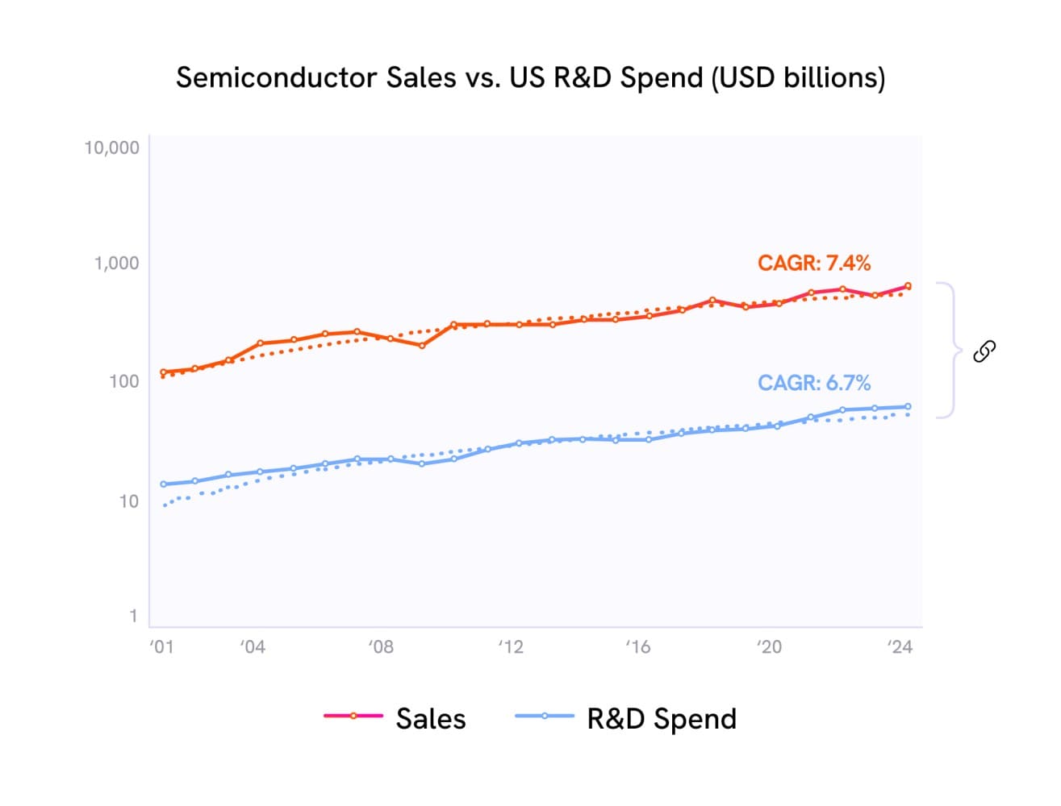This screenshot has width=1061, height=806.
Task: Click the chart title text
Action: [x=530, y=78]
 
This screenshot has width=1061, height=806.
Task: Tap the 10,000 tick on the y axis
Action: [x=111, y=147]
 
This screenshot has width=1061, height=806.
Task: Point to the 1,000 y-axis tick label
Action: [x=116, y=264]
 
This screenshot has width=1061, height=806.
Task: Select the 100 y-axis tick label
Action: [x=123, y=381]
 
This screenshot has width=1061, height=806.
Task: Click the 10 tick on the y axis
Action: [x=128, y=501]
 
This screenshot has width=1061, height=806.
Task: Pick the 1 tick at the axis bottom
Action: [x=133, y=617]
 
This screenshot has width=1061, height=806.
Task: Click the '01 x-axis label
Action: [x=161, y=647]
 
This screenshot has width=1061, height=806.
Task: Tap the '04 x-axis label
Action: [x=252, y=647]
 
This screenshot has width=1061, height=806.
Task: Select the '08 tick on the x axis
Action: [x=380, y=647]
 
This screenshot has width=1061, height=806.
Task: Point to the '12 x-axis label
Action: [x=510, y=647]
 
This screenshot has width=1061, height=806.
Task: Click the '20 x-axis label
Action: [x=769, y=647]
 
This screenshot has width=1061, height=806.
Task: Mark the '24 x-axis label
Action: [x=899, y=647]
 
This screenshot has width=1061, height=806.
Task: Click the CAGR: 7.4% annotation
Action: [x=813, y=264]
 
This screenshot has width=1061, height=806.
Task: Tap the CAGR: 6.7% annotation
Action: [x=813, y=383]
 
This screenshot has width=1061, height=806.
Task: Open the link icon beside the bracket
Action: [x=984, y=351]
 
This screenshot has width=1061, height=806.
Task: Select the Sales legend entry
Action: [x=395, y=718]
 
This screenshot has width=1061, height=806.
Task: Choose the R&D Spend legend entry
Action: [x=626, y=718]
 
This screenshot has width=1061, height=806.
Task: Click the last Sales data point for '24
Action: [x=908, y=285]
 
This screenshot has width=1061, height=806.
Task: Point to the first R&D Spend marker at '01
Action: [x=164, y=484]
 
